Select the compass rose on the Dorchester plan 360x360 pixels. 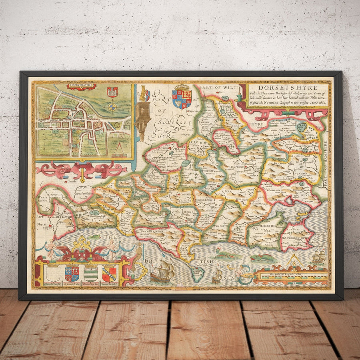point(113,107)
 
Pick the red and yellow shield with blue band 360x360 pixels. point(109,274)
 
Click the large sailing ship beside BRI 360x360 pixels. point(162,270)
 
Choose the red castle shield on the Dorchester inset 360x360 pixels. point(112,92)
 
